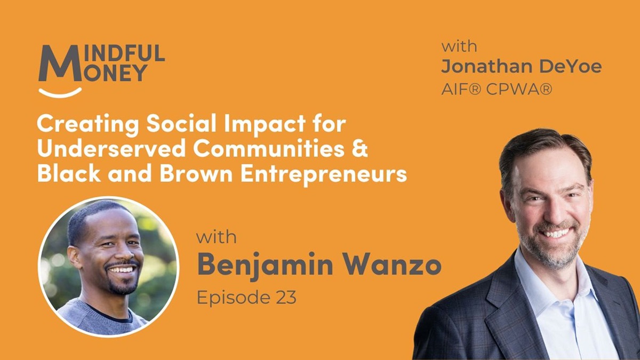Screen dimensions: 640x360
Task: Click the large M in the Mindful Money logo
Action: (60, 63)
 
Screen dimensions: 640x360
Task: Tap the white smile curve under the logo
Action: (60, 93)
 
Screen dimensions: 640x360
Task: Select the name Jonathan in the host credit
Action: (486, 66)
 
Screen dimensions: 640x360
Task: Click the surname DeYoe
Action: (570, 66)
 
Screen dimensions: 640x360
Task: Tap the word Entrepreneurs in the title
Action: (324, 174)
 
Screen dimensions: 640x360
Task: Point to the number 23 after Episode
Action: (286, 298)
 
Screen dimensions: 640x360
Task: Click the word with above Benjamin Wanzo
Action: (217, 238)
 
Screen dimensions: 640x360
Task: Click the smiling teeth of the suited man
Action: (556, 234)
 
